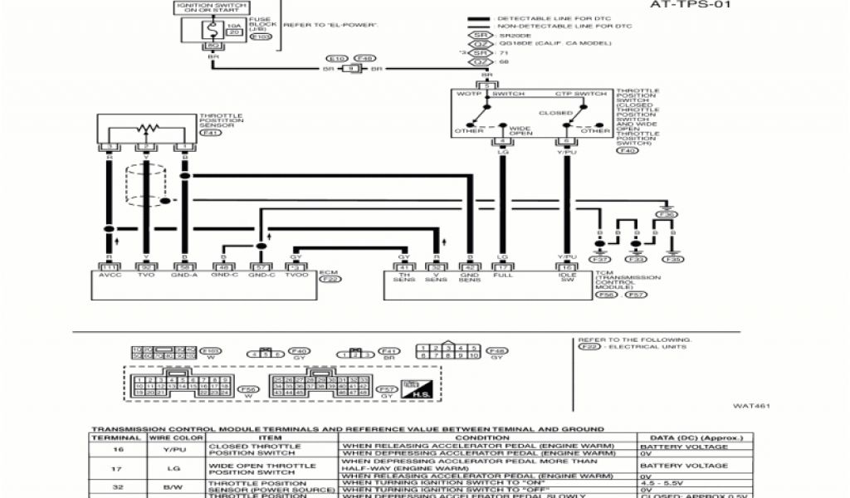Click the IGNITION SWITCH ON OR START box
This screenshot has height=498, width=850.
point(210,8)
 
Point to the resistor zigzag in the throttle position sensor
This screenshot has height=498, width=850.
point(148,128)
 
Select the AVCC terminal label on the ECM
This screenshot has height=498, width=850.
point(109,275)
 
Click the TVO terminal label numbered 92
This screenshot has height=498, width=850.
point(147,275)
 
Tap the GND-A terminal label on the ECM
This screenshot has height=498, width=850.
point(184,275)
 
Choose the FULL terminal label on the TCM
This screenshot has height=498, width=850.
point(501,275)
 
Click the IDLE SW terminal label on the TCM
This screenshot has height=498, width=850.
point(567,277)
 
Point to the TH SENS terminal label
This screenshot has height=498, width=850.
point(403,277)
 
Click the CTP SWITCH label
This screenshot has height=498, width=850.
point(569,95)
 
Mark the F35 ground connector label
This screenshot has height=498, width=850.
point(674,260)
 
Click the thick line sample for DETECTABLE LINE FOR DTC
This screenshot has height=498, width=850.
point(479,17)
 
